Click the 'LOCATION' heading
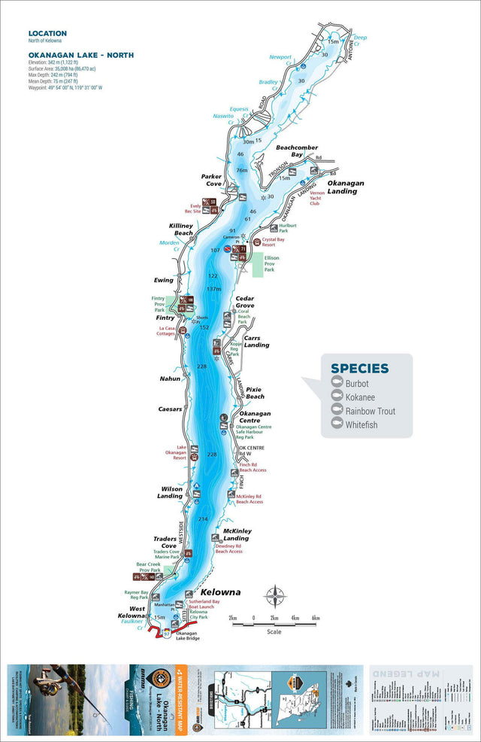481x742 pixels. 47,34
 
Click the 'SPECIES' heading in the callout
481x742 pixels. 359,369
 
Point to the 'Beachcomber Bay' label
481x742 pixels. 297,151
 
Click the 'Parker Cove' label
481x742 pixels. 211,181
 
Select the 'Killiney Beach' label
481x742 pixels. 181,230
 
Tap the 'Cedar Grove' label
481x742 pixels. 245,302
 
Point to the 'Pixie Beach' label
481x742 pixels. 255,392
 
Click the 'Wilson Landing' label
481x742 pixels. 170,492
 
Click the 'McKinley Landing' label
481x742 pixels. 236,534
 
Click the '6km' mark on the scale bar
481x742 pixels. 316,618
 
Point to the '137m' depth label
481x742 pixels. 214,290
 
